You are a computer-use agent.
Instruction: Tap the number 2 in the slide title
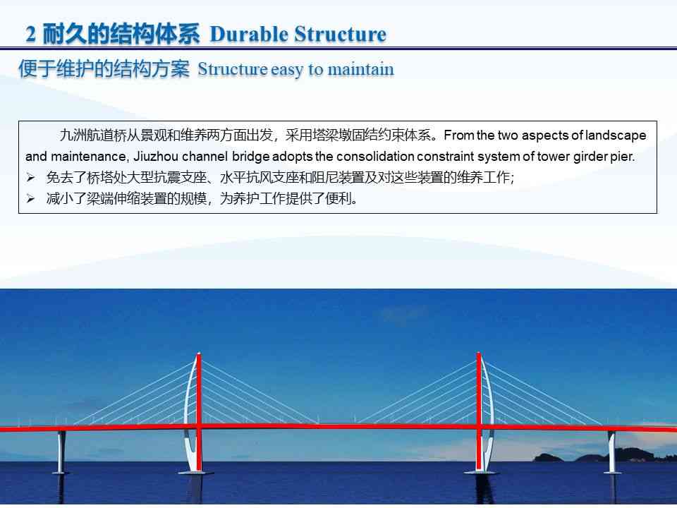30,34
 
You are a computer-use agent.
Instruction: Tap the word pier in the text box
623,157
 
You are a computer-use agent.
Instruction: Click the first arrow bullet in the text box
30,178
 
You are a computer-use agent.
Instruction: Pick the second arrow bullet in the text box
30,199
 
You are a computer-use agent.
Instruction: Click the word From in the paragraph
458,135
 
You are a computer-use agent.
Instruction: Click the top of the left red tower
198,355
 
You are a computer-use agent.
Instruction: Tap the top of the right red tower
479,355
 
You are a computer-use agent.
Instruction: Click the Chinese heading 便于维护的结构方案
104,70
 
